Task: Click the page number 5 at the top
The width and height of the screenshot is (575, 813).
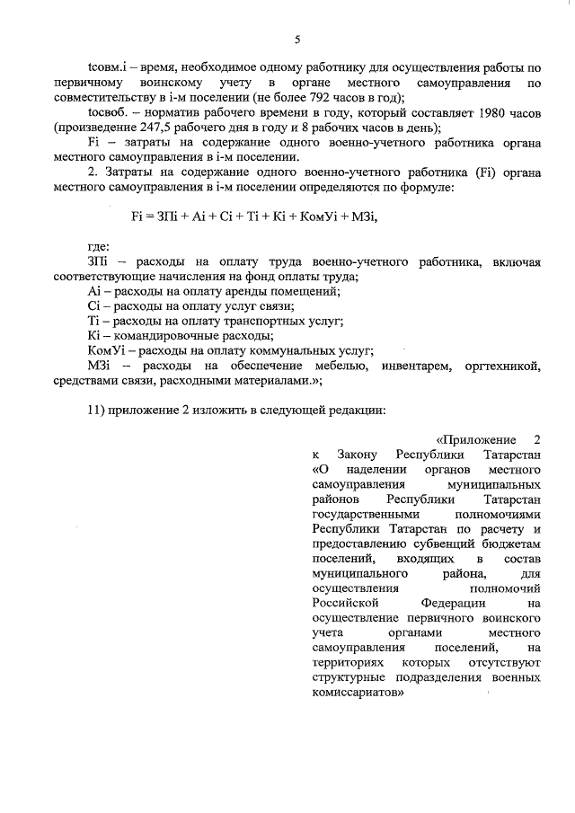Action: point(296,40)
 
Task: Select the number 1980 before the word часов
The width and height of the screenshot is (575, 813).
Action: point(479,112)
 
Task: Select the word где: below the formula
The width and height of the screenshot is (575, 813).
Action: point(99,246)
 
